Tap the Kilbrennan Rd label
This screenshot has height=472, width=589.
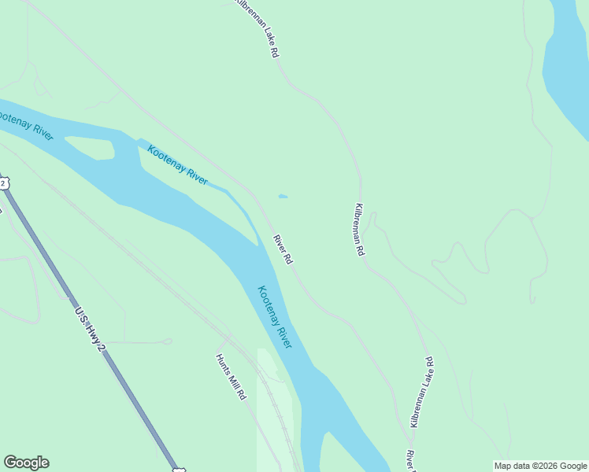(360, 230)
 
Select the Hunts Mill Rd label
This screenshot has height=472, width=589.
(232, 377)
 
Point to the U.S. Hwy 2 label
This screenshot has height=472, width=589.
(90, 328)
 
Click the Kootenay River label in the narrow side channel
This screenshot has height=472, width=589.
(178, 164)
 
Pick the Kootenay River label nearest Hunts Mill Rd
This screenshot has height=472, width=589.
(274, 316)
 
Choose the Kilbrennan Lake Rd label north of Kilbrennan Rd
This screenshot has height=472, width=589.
(258, 28)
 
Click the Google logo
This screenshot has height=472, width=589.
(26, 463)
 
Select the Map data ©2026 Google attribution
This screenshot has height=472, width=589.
(541, 466)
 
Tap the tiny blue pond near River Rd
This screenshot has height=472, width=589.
(283, 196)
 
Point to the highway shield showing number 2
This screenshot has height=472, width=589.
(3, 183)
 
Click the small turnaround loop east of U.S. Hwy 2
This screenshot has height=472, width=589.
(166, 341)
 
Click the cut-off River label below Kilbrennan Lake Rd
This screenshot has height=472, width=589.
(410, 461)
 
